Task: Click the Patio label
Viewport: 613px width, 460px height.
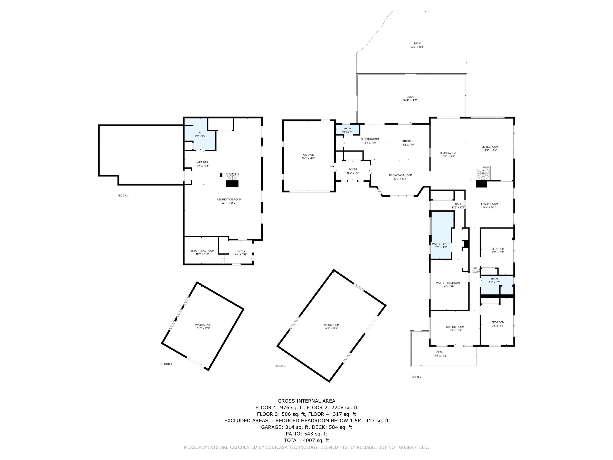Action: click(417, 44)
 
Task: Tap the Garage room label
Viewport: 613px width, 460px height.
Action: click(308, 155)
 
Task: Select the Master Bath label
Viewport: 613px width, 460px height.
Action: click(441, 244)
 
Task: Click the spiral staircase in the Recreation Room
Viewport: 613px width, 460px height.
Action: click(233, 176)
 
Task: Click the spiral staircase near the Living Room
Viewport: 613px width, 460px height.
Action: click(483, 174)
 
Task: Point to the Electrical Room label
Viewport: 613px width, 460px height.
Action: click(202, 251)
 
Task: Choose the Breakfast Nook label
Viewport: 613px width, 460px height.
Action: click(400, 175)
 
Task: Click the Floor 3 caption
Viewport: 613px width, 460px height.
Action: click(280, 366)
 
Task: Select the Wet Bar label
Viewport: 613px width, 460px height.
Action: click(202, 162)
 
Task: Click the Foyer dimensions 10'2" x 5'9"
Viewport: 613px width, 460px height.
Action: click(353, 173)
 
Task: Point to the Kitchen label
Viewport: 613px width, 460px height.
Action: click(408, 141)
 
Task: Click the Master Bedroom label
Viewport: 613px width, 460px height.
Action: click(447, 283)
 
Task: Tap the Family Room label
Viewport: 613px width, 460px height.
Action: click(489, 204)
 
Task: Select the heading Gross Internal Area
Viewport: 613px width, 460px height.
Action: click(306, 401)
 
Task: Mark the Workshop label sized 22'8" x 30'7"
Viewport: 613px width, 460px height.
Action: click(331, 325)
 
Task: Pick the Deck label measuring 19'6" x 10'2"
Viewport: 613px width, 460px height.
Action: click(440, 352)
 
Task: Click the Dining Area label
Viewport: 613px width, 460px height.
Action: click(448, 153)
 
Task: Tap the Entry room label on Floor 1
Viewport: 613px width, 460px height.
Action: click(241, 251)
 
